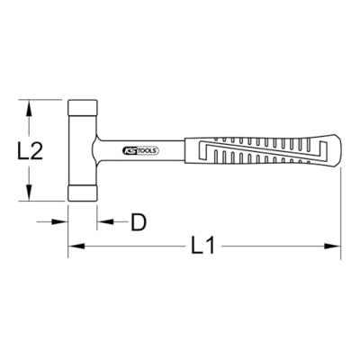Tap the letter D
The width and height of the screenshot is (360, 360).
(x=138, y=220)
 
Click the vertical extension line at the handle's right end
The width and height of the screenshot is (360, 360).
(x=341, y=207)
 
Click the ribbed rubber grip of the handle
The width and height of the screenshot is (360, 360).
(x=261, y=150)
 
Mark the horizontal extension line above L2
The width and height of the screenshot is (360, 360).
(x=45, y=100)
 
